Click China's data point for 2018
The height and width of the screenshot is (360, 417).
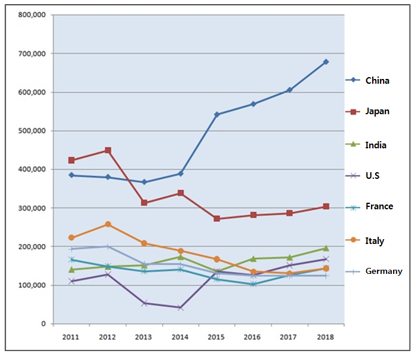(x=325, y=62)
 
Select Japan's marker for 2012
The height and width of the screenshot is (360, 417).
(x=108, y=150)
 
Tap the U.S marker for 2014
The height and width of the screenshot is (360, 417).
(x=180, y=307)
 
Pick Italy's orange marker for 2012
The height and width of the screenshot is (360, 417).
(x=108, y=224)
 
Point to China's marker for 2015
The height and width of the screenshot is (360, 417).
(x=217, y=114)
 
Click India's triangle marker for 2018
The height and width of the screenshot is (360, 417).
(x=325, y=248)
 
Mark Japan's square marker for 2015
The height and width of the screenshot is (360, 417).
(x=217, y=219)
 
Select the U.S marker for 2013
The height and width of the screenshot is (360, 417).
(x=144, y=303)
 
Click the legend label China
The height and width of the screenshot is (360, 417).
(x=378, y=80)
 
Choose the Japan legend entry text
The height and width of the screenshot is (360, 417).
(x=378, y=111)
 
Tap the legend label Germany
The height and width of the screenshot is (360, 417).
(x=384, y=271)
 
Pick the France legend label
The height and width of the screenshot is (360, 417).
(x=379, y=206)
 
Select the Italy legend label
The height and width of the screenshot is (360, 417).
(x=375, y=241)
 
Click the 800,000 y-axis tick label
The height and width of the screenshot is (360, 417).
(x=31, y=15)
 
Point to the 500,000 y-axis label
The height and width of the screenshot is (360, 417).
(x=31, y=131)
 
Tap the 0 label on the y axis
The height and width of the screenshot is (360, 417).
(x=43, y=324)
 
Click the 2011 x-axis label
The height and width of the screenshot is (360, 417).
(x=71, y=337)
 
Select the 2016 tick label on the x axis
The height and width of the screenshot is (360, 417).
(x=253, y=337)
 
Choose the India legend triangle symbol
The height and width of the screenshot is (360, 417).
(x=353, y=145)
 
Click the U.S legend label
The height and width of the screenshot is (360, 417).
(x=373, y=175)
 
